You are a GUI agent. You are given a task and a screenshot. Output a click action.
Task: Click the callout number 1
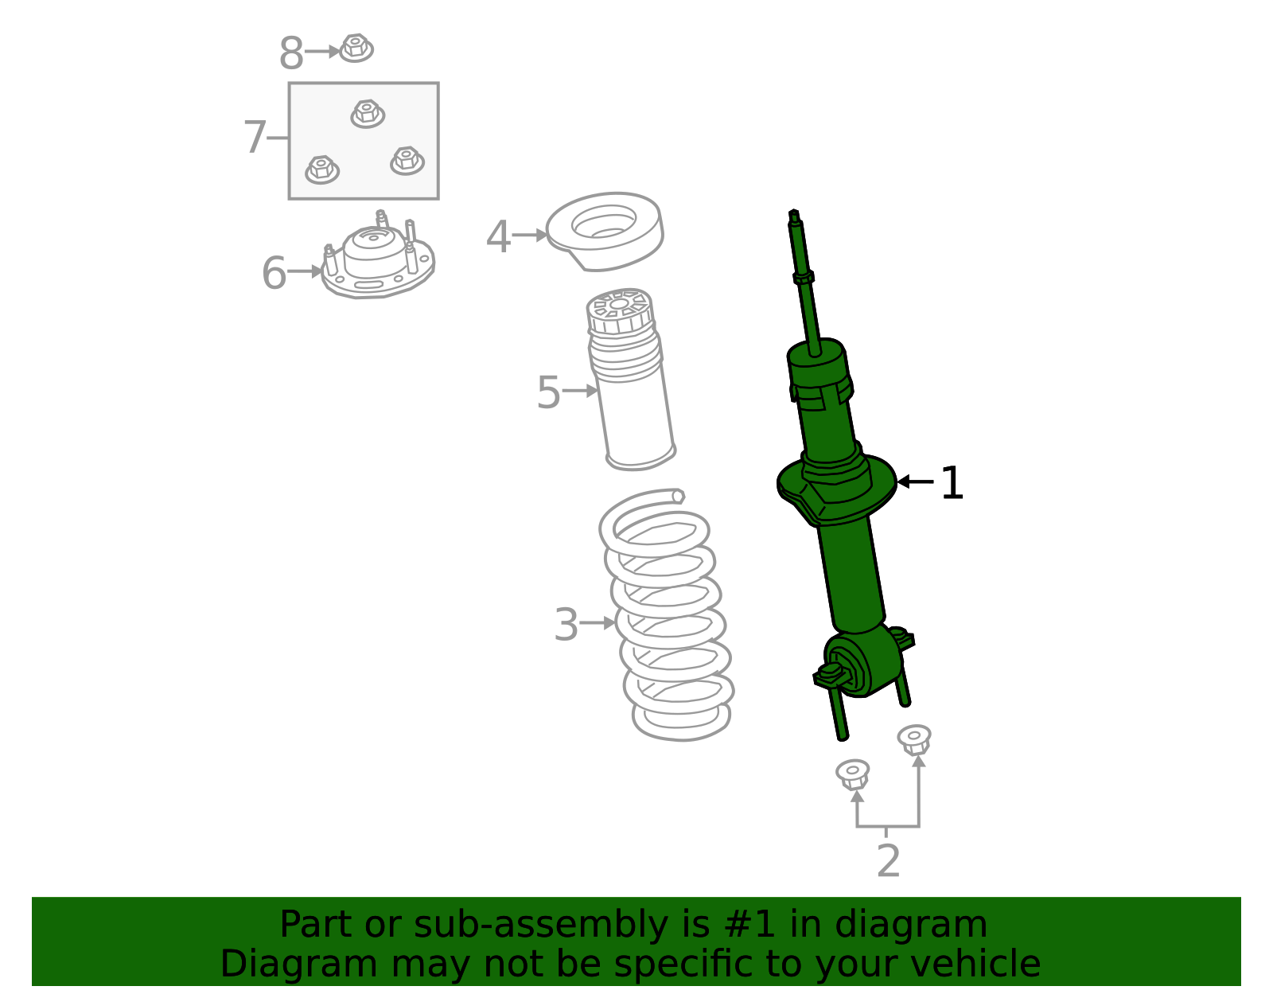952,483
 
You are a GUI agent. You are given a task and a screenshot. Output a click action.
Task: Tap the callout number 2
888,861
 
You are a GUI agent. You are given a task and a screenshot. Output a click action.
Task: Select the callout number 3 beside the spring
566,625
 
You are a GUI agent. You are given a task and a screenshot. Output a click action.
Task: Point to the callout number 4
498,237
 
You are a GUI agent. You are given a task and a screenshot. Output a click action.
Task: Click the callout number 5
548,392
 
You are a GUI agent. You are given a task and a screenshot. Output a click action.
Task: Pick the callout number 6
274,273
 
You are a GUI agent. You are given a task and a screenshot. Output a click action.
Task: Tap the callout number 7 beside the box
255,138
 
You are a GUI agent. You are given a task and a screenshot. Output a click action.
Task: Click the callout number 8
290,54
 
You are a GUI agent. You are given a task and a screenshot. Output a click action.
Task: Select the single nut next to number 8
356,49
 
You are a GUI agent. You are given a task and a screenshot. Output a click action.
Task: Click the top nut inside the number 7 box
368,113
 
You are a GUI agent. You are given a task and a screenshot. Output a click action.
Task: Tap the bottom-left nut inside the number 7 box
322,169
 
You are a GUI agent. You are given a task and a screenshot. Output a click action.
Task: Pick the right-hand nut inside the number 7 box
407,160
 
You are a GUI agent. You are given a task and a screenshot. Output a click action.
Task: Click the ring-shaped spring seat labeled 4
605,230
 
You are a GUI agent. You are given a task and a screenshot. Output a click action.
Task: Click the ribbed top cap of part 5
620,311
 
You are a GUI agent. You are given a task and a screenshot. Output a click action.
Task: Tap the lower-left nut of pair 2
853,774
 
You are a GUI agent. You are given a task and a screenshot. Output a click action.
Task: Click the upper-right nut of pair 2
915,739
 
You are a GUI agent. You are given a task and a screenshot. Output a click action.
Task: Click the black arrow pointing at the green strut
915,482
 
